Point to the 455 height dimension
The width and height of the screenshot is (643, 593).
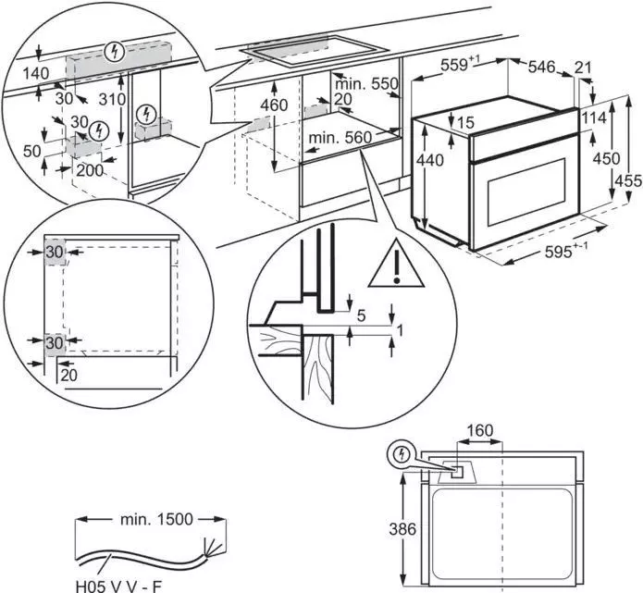tap(628, 181)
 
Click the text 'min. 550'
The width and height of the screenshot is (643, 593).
tap(366, 83)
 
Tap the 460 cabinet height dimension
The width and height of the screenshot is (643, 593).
tap(274, 105)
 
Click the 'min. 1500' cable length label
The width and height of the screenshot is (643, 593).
tap(156, 519)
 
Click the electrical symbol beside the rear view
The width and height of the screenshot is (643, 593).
tap(402, 454)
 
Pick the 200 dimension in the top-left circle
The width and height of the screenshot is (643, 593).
tap(90, 171)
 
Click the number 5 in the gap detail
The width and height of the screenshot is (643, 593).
tap(362, 315)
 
